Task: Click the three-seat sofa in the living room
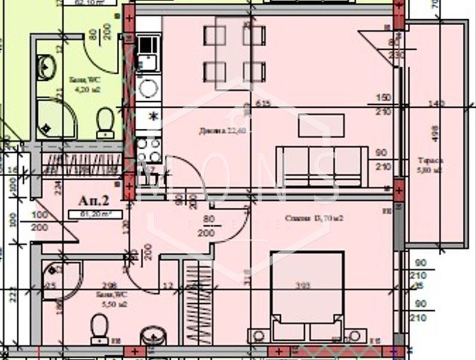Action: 322,165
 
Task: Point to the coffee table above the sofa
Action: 321,126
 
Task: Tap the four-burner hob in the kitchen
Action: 147,150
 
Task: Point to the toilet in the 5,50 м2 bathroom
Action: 99,329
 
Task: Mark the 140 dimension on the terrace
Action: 437,104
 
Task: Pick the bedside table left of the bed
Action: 259,335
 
